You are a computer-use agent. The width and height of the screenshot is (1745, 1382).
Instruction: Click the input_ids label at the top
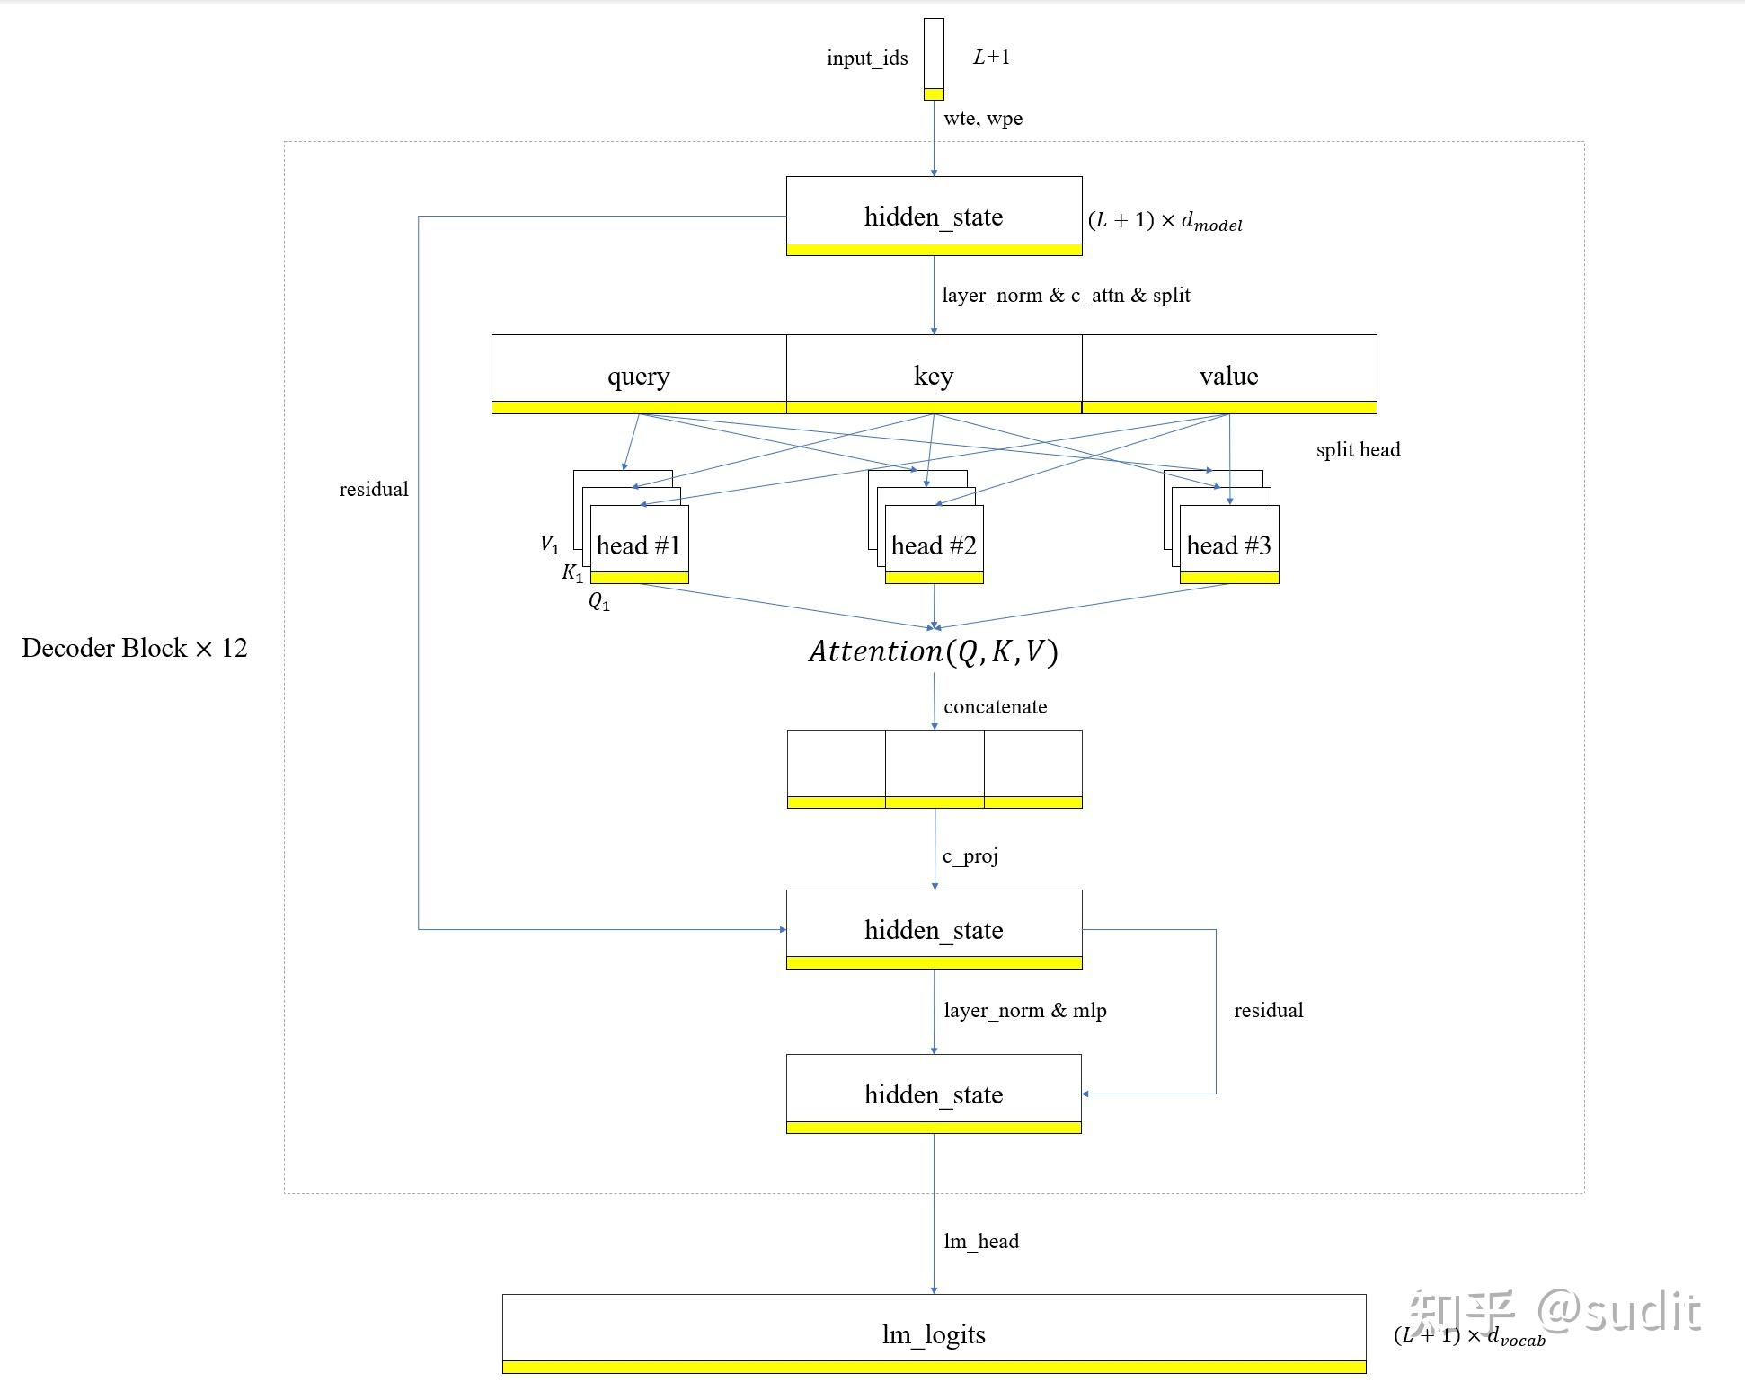866,58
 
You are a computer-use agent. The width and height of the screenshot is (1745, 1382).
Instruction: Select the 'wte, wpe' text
982,119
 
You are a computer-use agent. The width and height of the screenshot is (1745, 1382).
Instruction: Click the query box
638,374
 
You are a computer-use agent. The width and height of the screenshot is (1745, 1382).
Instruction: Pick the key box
934,374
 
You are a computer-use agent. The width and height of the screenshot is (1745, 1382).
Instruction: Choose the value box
1228,374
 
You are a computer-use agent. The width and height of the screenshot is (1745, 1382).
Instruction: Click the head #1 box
639,545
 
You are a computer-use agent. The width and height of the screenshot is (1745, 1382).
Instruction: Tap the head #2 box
934,545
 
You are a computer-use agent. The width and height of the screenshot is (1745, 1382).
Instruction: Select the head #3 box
1228,545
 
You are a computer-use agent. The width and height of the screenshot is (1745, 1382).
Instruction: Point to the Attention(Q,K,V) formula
933,651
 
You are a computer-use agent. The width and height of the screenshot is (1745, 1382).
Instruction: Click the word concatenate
995,707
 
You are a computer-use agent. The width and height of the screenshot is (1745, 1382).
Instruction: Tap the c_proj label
970,855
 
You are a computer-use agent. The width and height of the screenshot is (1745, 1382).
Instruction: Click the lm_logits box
934,1333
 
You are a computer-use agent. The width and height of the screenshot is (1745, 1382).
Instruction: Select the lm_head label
980,1242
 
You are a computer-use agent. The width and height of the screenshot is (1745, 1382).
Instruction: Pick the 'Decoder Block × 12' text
134,648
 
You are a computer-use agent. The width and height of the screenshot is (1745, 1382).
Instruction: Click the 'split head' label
1357,450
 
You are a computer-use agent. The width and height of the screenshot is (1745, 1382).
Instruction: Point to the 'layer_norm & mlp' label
1024,1011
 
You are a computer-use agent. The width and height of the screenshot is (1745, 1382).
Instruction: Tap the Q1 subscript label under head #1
599,602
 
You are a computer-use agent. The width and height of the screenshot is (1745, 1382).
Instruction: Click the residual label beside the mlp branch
1268,1011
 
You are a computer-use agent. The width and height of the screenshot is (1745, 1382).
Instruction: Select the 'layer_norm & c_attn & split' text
1065,296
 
